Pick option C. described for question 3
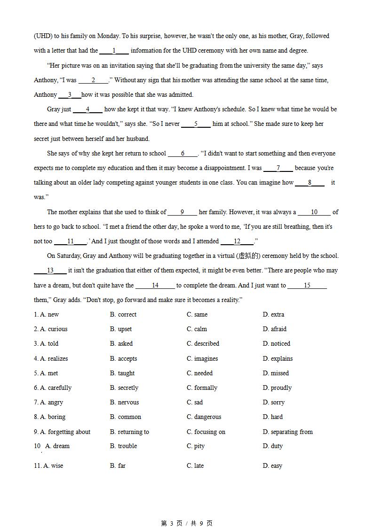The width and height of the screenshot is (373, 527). tap(203, 343)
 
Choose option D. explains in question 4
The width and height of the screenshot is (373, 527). tap(278, 358)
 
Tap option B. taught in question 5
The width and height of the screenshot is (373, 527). tap(122, 373)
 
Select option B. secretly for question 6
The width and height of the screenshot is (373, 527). tap(124, 387)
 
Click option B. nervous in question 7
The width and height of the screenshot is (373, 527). tap(125, 402)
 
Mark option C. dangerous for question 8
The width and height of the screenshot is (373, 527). tap(204, 417)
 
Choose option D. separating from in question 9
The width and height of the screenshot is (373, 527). tap(287, 432)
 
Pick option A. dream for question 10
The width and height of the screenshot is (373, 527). tap(57, 446)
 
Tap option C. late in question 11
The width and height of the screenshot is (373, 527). tap(195, 465)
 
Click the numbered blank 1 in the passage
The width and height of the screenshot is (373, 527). tap(114, 51)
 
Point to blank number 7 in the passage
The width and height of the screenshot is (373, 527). tap(278, 168)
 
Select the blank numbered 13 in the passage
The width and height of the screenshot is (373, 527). tap(50, 271)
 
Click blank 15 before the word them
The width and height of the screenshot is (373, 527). tap(307, 285)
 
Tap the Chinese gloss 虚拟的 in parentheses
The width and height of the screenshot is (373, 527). tap(249, 256)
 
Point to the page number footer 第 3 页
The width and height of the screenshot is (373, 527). tap(172, 523)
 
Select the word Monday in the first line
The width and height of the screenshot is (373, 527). tap(109, 36)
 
